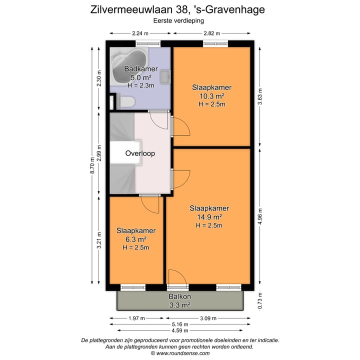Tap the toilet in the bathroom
tap(127, 102)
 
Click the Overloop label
tap(140, 153)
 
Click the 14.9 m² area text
tap(209, 217)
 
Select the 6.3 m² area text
tap(136, 239)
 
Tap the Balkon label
tap(180, 296)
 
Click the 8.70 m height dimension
tap(91, 170)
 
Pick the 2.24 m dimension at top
tap(140, 33)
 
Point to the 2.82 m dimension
tap(212, 33)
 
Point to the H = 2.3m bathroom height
tap(141, 85)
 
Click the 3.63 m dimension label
tap(259, 95)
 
